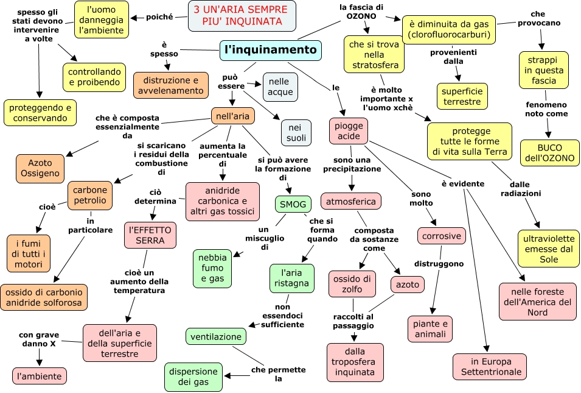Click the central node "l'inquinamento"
click(271, 50)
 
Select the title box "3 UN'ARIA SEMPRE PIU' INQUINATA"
click(242, 16)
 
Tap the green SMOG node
click(293, 204)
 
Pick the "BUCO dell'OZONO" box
click(550, 152)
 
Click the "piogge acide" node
click(349, 131)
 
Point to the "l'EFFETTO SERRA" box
click(150, 235)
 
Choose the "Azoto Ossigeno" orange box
click(40, 168)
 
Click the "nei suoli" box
click(296, 132)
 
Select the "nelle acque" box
click(280, 87)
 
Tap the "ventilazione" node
click(215, 336)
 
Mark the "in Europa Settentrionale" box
click(490, 367)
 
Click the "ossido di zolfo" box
click(352, 284)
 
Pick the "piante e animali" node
click(430, 329)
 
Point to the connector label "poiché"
click(159, 17)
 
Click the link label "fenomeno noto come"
click(546, 109)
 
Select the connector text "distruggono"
click(439, 263)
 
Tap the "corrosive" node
click(442, 236)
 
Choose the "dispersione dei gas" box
click(193, 377)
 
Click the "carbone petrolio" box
click(90, 195)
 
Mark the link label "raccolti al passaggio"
click(353, 321)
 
